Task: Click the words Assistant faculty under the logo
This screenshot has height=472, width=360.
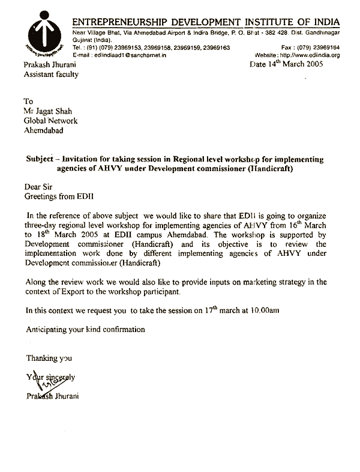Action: tap(50, 74)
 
